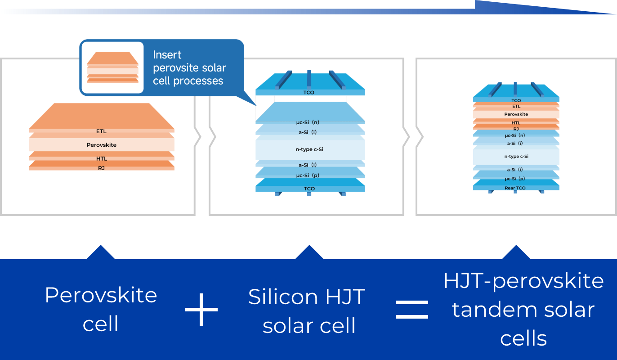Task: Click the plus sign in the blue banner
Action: [x=201, y=310]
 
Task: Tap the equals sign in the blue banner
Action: [x=412, y=310]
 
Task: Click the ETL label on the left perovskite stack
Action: [x=101, y=131]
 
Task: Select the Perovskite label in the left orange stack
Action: [x=101, y=145]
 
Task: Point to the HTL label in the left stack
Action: [x=101, y=158]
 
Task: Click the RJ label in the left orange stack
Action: [x=101, y=168]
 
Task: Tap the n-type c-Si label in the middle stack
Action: [x=309, y=149]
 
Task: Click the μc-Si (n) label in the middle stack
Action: [x=308, y=122]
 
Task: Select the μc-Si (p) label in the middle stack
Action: [x=308, y=175]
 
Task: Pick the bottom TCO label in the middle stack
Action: [x=309, y=189]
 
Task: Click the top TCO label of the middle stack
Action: [x=309, y=93]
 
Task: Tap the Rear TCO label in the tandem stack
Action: [x=515, y=188]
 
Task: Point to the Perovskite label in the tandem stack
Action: [x=516, y=114]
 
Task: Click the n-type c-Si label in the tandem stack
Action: [x=516, y=156]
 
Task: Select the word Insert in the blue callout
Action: [x=167, y=55]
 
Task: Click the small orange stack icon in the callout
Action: [x=113, y=67]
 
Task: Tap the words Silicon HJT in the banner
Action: [x=307, y=297]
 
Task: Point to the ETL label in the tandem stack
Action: [x=516, y=106]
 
